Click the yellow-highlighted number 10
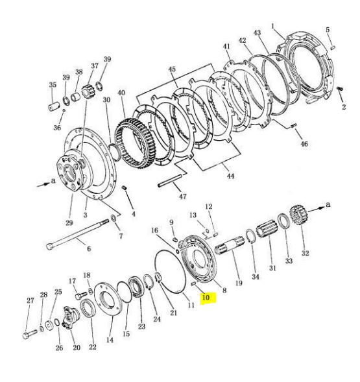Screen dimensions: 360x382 point(206,298)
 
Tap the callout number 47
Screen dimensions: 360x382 point(183,196)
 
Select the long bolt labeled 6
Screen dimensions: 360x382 point(77,235)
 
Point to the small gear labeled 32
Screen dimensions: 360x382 point(298,214)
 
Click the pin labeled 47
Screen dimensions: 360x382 point(170,181)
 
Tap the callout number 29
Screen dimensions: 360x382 point(69,222)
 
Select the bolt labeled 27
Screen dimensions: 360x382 point(29,333)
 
